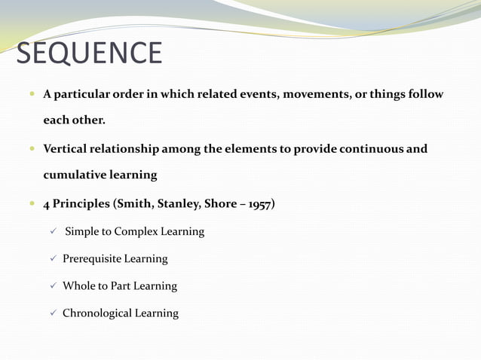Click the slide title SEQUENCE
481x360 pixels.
pyautogui.click(x=89, y=53)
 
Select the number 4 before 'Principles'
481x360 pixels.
pyautogui.click(x=47, y=203)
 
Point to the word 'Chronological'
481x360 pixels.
pyautogui.click(x=97, y=313)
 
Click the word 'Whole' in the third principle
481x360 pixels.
pyautogui.click(x=79, y=285)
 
